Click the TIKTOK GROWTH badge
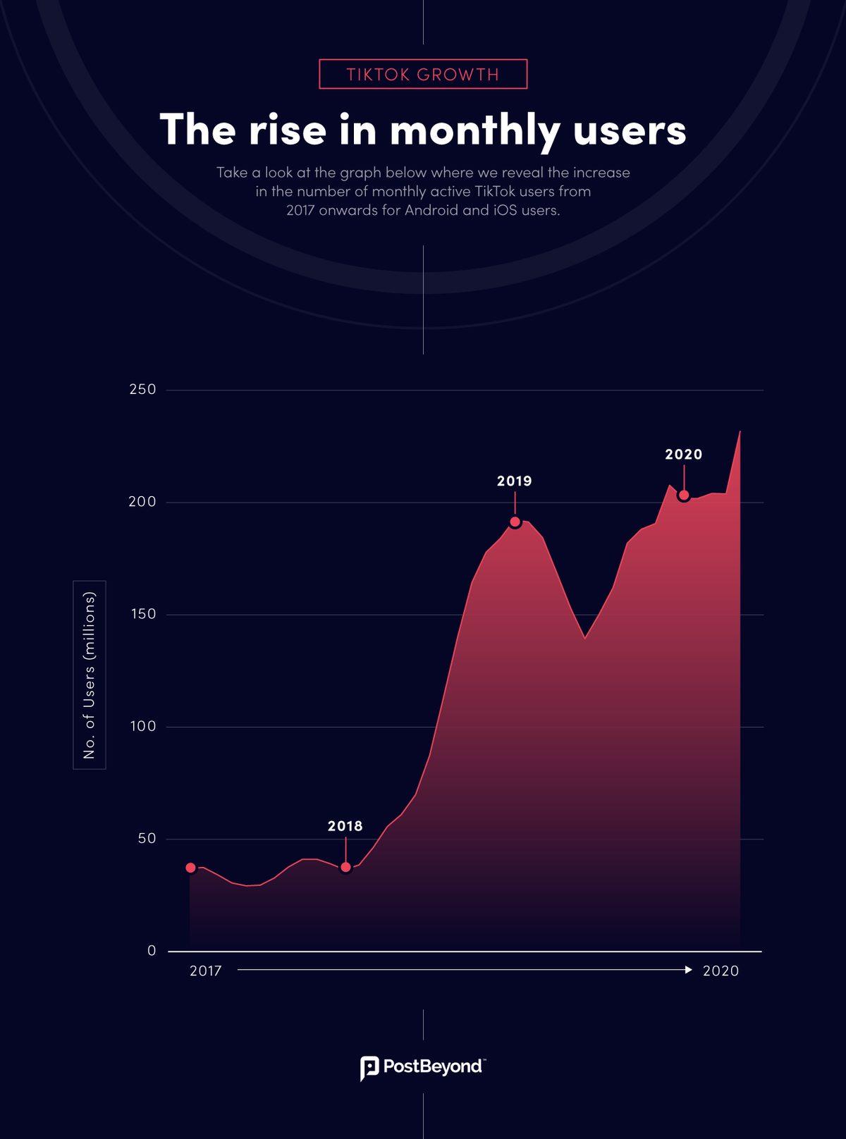coord(423,74)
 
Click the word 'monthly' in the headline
coord(474,131)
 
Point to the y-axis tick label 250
coord(142,390)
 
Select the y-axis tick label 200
coord(142,502)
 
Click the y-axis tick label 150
coord(142,614)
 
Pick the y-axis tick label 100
coord(142,727)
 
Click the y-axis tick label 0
coord(152,951)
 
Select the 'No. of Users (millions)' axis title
coord(90,675)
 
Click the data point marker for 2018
coord(345,867)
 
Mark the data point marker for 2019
coord(515,522)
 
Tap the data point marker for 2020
coord(683,495)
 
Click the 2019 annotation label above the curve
coord(515,481)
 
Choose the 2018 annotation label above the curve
coord(345,826)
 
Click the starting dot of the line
coord(190,868)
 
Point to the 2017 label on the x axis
coord(206,971)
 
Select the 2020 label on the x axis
coord(721,971)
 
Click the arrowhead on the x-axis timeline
coord(689,970)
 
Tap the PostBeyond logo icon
coord(369,1068)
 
